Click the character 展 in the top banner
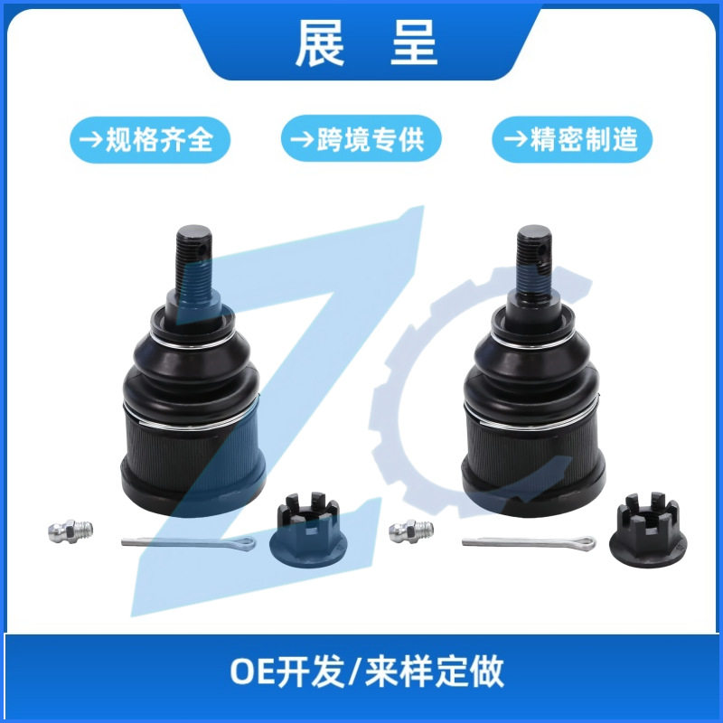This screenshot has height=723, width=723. tap(320, 43)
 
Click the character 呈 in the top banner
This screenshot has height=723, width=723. tap(414, 43)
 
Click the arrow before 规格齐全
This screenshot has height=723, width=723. tap(90, 140)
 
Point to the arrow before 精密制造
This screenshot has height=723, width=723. tap(515, 139)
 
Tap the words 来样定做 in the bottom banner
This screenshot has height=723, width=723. tap(434, 671)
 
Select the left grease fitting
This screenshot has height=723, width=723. tap(70, 531)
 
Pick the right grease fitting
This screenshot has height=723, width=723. tap(411, 531)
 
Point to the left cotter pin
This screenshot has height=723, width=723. tap(188, 543)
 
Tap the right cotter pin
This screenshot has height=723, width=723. tap(529, 542)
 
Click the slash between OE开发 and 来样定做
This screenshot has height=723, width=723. tap(354, 671)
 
